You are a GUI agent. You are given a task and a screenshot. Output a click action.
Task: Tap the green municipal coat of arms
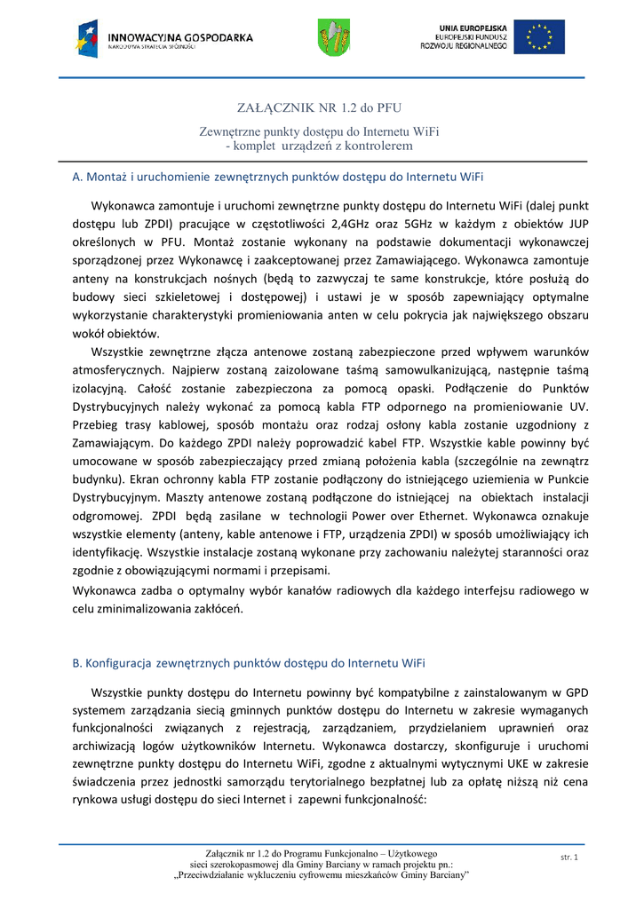[334, 37]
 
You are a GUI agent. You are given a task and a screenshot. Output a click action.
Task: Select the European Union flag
[539, 37]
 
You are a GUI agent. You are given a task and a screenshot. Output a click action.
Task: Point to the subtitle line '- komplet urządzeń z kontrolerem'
[320, 145]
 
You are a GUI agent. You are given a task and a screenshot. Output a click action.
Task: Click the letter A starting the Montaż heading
[76, 177]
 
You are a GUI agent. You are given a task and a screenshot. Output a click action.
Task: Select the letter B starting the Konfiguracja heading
[76, 662]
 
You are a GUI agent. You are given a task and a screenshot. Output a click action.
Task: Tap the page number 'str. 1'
[569, 857]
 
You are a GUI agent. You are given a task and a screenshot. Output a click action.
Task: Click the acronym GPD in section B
[577, 692]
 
